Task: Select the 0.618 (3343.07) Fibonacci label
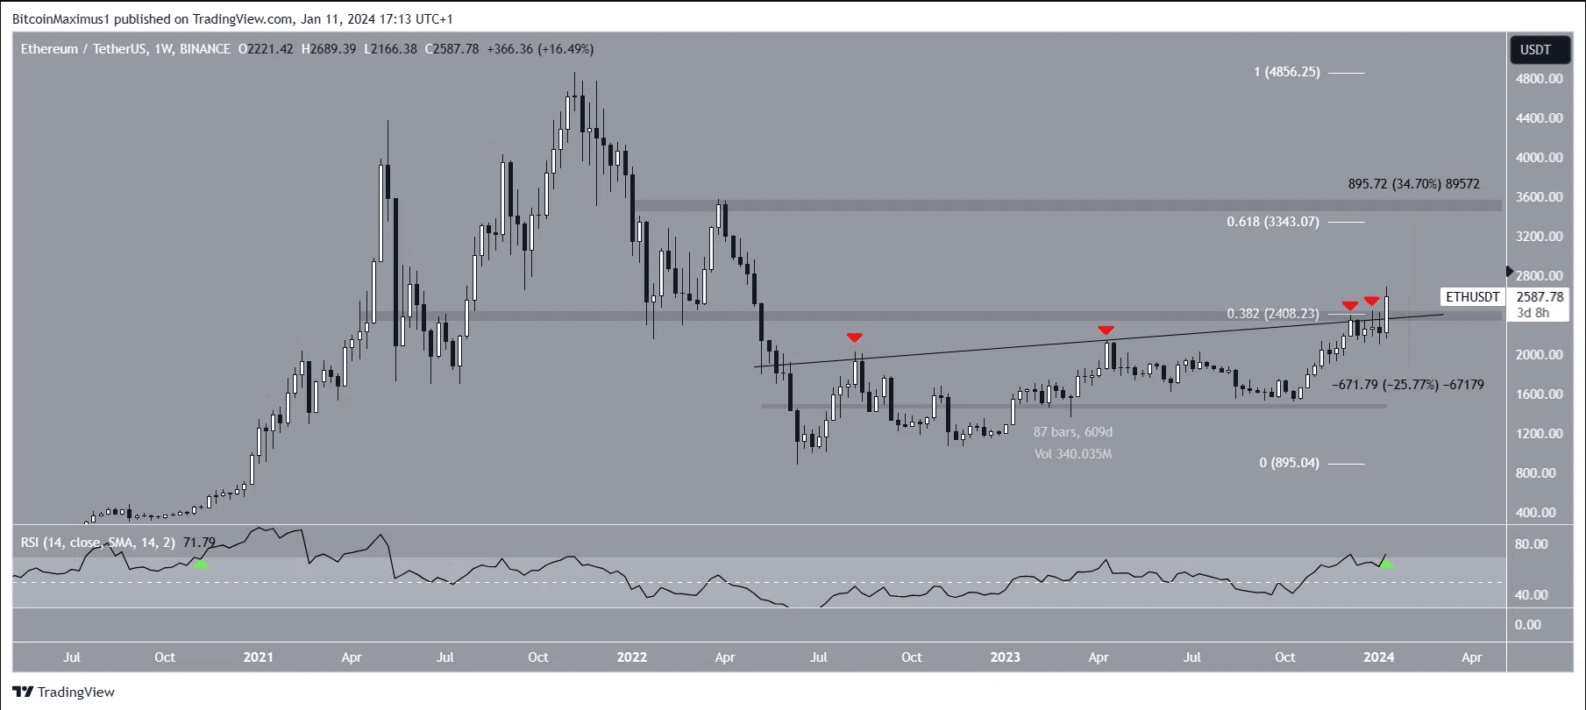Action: [1272, 222]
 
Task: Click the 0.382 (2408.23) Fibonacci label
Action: [1272, 313]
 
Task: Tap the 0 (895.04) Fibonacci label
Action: [1289, 463]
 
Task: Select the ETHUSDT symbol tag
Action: [1473, 297]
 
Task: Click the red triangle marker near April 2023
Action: [1106, 330]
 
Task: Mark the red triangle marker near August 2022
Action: [855, 337]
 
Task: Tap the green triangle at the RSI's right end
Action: [1386, 564]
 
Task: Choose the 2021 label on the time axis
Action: [258, 657]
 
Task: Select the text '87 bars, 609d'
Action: [1072, 432]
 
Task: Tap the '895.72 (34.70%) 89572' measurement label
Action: [1413, 184]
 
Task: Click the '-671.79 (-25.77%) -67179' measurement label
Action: [1407, 384]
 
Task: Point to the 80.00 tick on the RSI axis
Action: [1532, 544]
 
